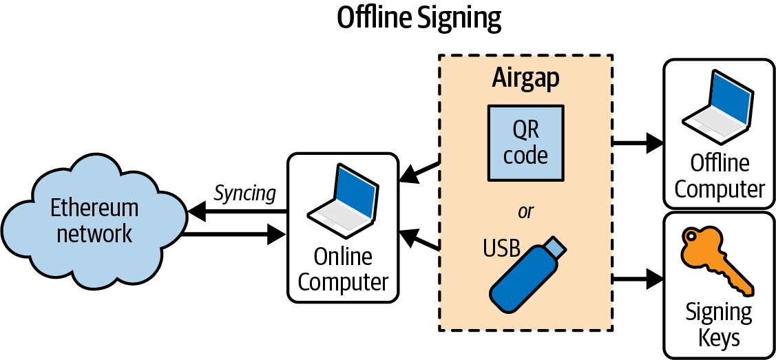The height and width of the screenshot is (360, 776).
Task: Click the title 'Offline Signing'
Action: tap(419, 19)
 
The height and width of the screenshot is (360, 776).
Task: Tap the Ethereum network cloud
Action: tap(94, 220)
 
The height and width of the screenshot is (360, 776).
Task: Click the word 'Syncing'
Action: tap(244, 193)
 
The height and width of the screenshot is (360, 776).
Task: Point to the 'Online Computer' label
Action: tap(343, 269)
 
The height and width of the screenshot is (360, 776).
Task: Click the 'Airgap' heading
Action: tap(525, 78)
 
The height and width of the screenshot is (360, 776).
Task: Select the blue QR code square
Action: tap(525, 142)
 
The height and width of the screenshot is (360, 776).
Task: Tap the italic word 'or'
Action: tap(525, 211)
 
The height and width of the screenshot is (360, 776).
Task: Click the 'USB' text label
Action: tap(501, 248)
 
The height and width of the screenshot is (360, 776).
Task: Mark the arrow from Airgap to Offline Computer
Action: tap(638, 143)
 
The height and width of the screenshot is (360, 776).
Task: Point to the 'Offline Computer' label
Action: tap(720, 176)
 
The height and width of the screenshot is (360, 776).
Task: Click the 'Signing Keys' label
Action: tap(719, 324)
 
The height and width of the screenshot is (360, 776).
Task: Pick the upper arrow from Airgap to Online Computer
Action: tap(419, 171)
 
